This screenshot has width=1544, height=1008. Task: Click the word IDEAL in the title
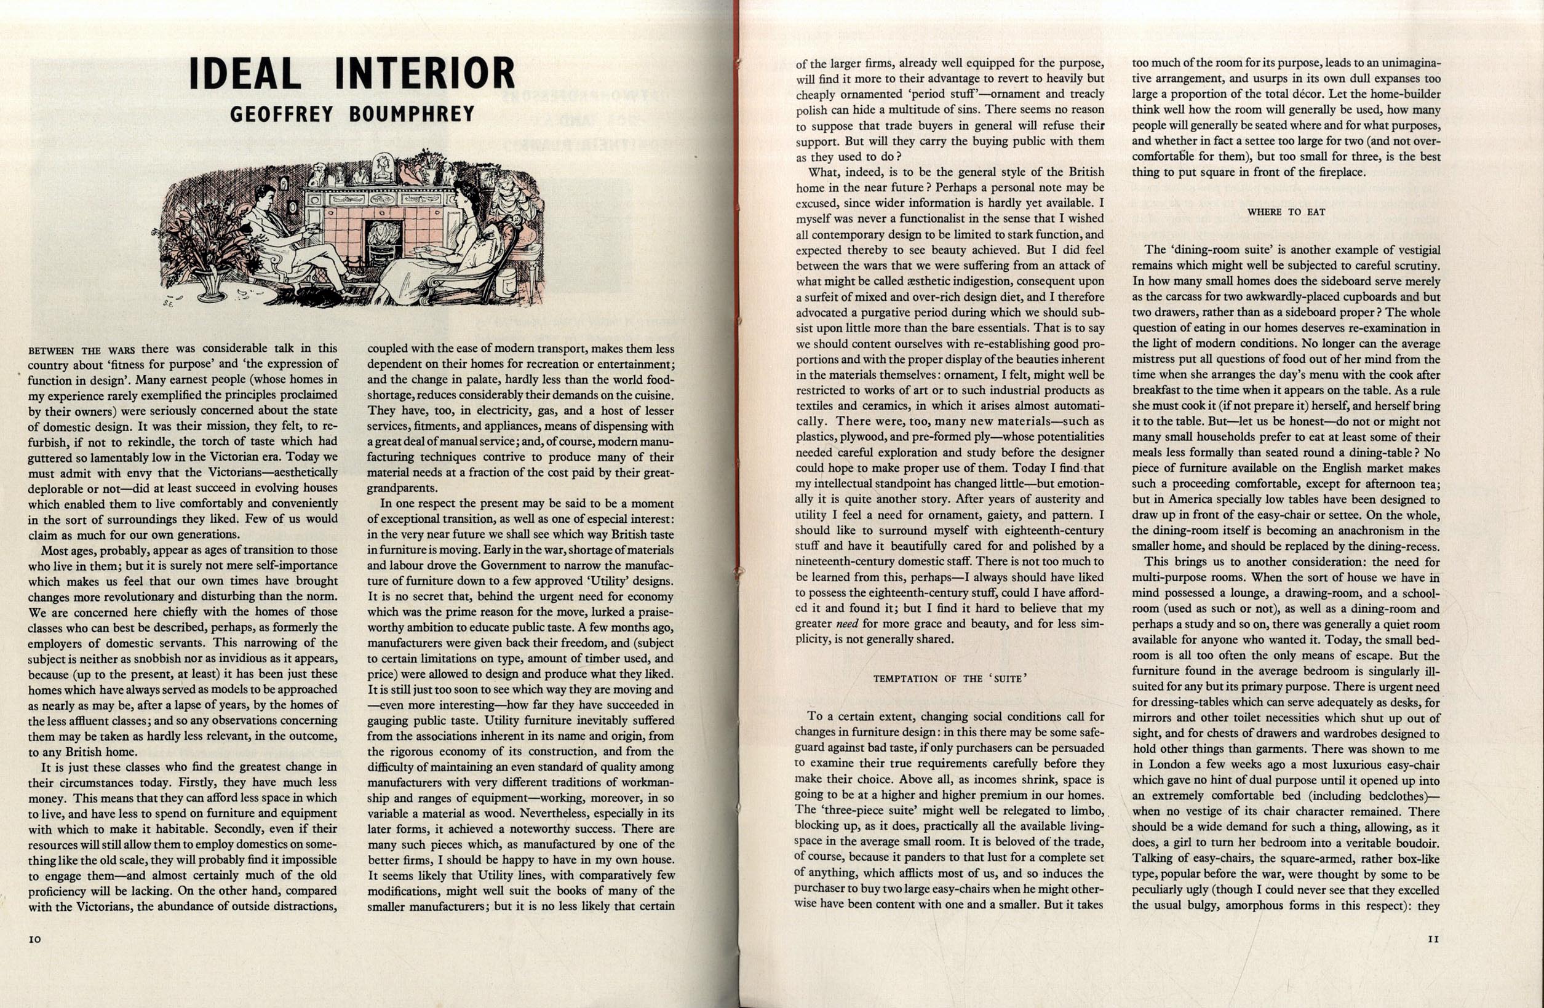[x=245, y=73]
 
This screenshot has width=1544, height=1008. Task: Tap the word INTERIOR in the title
[x=424, y=73]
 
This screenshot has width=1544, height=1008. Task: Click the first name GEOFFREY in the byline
[x=282, y=115]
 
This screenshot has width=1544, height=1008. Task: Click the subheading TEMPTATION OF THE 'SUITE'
[x=950, y=678]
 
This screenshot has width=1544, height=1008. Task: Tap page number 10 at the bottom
[x=35, y=939]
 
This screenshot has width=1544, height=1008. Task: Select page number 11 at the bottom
[x=1433, y=939]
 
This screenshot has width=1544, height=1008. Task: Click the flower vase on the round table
[x=212, y=285]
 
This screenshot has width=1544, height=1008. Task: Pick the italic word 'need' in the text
[x=842, y=624]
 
